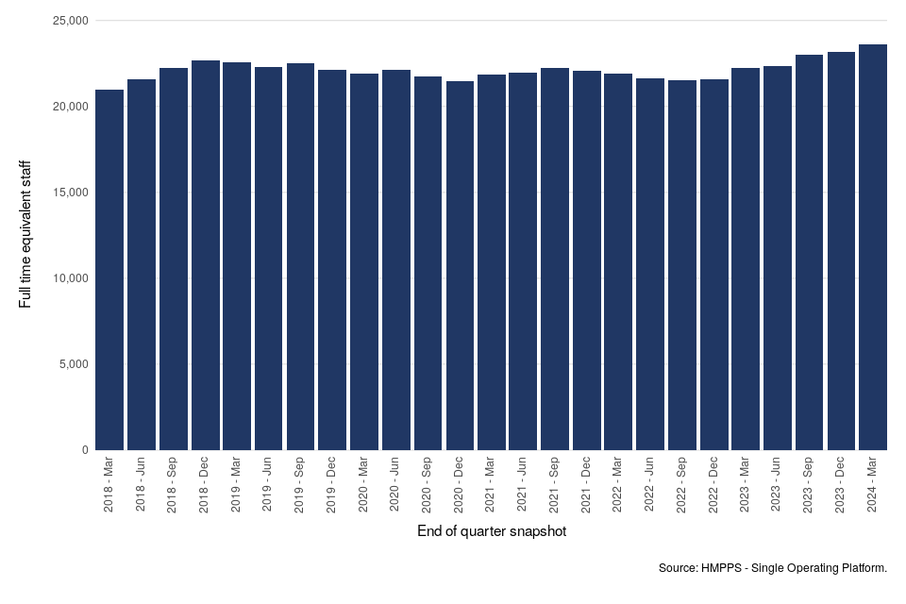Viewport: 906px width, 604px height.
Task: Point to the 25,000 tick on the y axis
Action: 67,21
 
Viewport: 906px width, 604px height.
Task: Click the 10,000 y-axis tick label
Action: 67,278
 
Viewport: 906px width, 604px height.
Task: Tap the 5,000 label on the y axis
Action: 71,364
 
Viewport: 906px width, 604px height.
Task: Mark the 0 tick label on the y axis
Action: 85,450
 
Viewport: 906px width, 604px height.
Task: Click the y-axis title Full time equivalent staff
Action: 25,234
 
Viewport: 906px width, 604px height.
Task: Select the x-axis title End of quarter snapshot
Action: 492,532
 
